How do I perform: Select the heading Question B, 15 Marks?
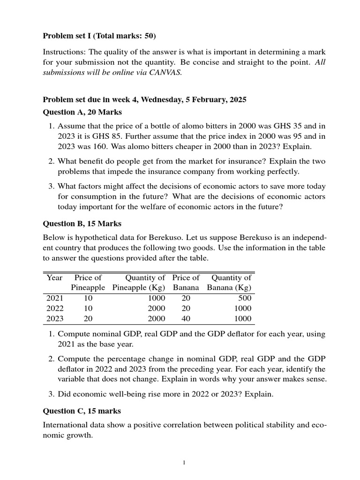[82, 224]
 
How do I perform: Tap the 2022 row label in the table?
[55, 308]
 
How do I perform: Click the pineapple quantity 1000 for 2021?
[156, 298]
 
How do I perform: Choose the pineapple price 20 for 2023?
[88, 319]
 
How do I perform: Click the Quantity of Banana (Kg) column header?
[229, 282]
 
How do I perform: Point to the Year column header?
[54, 277]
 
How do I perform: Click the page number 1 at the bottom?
[184, 463]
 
